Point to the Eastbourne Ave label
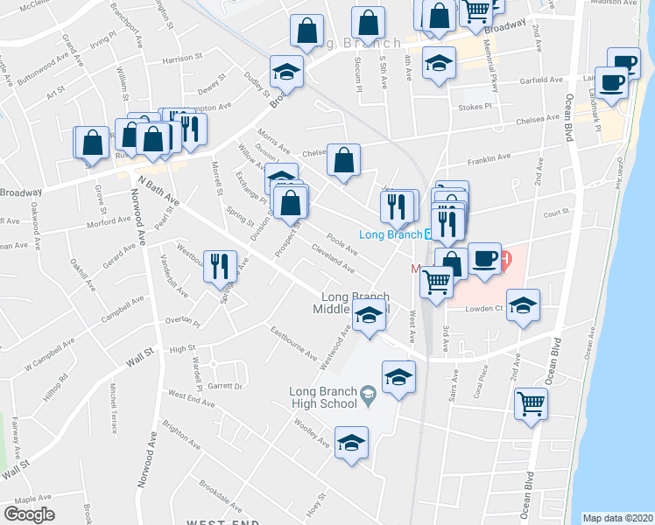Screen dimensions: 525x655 coord(293,343)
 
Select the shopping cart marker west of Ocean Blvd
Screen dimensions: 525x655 coord(531,404)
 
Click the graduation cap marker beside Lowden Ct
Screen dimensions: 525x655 coord(523,305)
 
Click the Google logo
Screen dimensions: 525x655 coord(29,514)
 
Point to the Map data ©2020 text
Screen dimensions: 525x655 coord(618,517)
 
